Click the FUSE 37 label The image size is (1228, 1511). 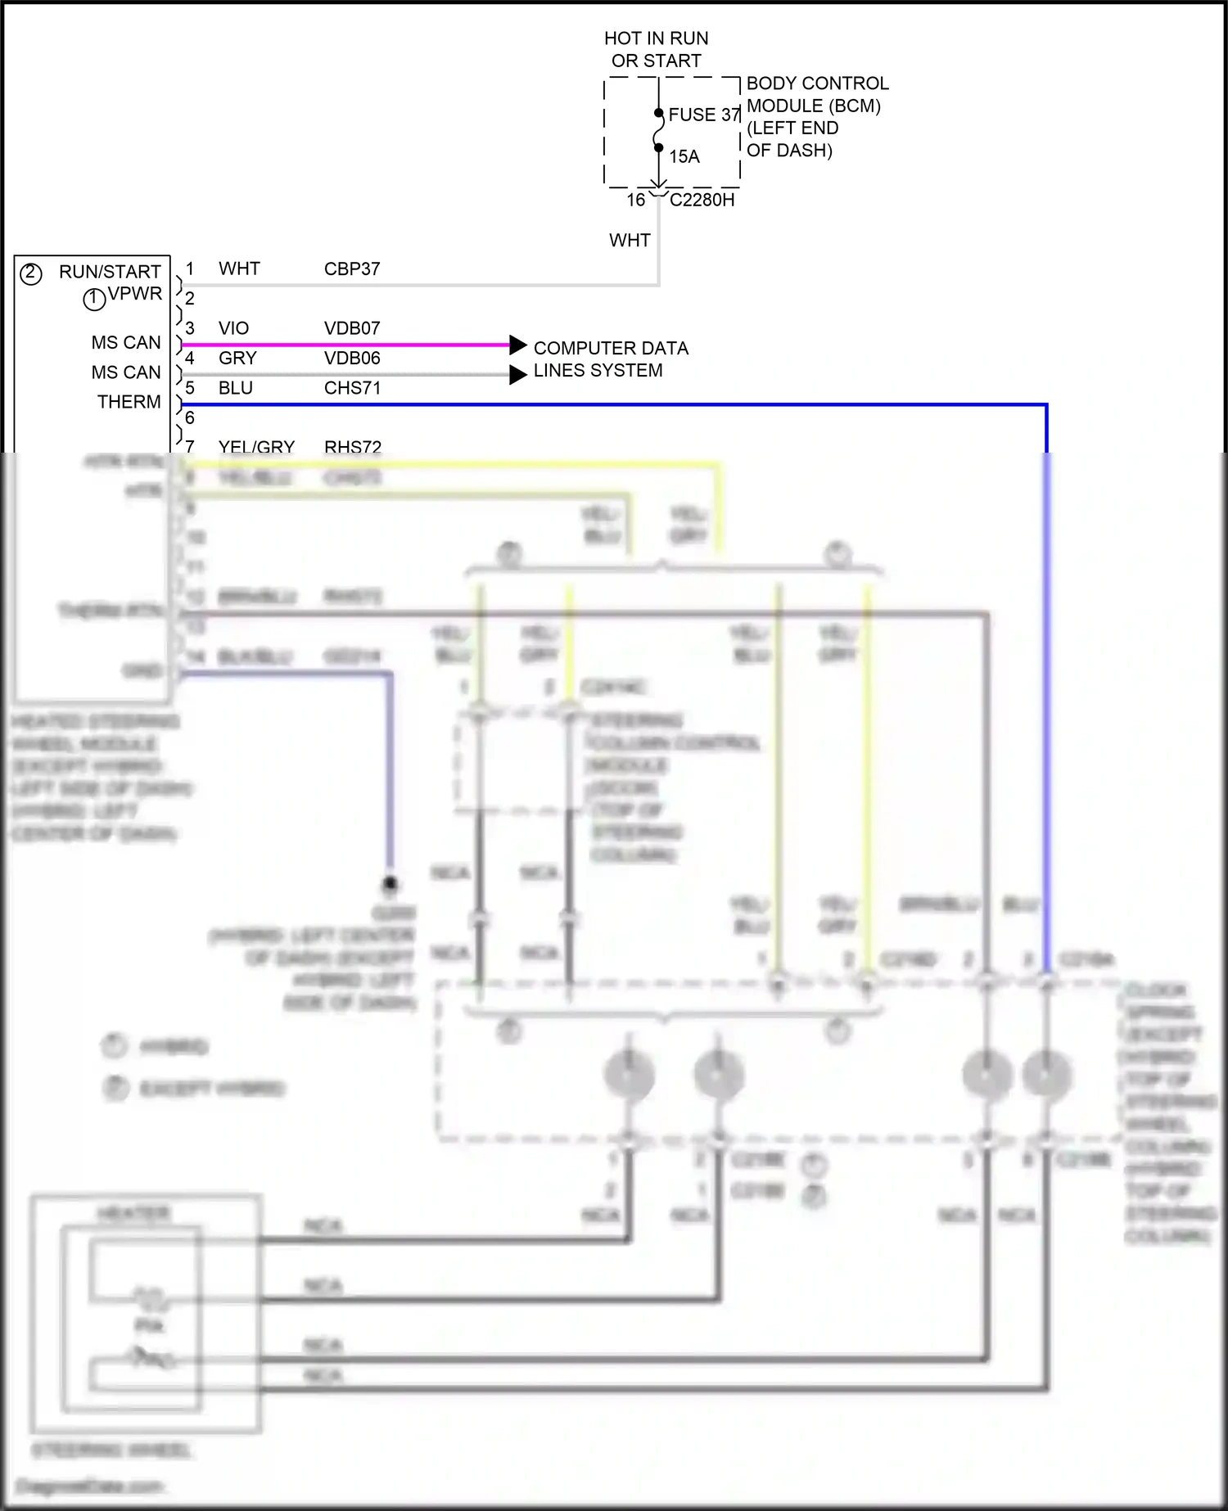click(x=703, y=115)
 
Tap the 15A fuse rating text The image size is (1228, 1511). click(x=684, y=156)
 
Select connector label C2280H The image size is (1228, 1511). click(x=702, y=200)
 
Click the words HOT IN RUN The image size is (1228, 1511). click(x=656, y=38)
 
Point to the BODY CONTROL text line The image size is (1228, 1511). click(x=816, y=83)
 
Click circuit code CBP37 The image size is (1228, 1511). click(x=352, y=268)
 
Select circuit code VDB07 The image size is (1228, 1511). click(x=352, y=328)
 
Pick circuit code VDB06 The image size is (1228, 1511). click(x=352, y=358)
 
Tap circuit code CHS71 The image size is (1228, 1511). click(x=352, y=388)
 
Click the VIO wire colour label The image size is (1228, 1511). click(x=233, y=328)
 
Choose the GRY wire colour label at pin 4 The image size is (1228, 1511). click(x=237, y=358)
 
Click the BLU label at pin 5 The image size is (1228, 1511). click(x=236, y=388)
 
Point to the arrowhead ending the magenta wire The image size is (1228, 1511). click(x=517, y=345)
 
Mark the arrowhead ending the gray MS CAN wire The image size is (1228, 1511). click(x=517, y=375)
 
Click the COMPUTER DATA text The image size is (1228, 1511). click(x=611, y=348)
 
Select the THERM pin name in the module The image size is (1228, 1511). click(x=129, y=402)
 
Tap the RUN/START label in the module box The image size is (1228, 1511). click(x=110, y=272)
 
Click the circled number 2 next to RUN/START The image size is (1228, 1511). click(x=31, y=273)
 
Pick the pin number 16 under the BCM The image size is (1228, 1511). click(x=636, y=200)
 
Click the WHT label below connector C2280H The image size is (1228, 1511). click(x=630, y=241)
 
